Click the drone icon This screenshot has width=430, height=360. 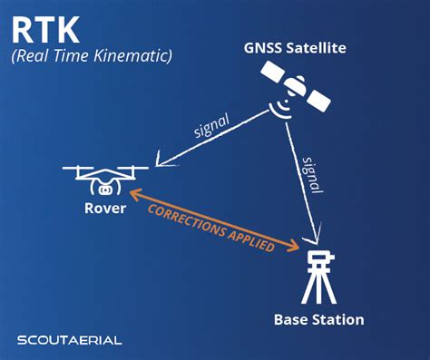point(107,177)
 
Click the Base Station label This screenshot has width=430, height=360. point(318,319)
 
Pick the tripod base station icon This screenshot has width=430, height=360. point(318,277)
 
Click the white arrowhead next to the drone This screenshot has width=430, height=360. point(161,161)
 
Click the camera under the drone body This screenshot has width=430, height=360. point(107,189)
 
